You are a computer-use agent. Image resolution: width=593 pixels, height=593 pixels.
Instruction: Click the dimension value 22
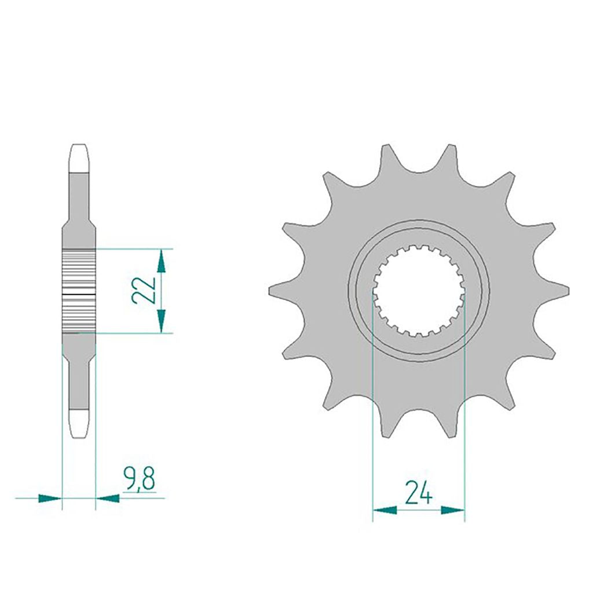tap(144, 290)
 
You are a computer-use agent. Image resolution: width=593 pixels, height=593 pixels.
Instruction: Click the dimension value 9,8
tap(139, 479)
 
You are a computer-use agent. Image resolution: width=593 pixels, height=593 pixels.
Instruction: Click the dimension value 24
tap(418, 492)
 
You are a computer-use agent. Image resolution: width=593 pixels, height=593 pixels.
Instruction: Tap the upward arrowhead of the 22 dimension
tap(162, 261)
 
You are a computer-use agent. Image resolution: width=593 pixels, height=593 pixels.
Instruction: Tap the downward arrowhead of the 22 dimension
tap(162, 321)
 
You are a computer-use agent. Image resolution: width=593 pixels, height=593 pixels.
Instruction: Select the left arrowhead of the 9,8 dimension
tap(50, 498)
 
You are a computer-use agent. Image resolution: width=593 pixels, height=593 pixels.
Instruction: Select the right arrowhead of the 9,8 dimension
tap(107, 498)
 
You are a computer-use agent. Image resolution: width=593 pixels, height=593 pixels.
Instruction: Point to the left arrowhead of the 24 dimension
tap(385, 510)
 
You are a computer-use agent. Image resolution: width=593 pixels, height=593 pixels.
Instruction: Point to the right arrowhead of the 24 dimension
tap(453, 510)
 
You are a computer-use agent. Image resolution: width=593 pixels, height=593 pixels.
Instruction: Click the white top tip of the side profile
tap(79, 158)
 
